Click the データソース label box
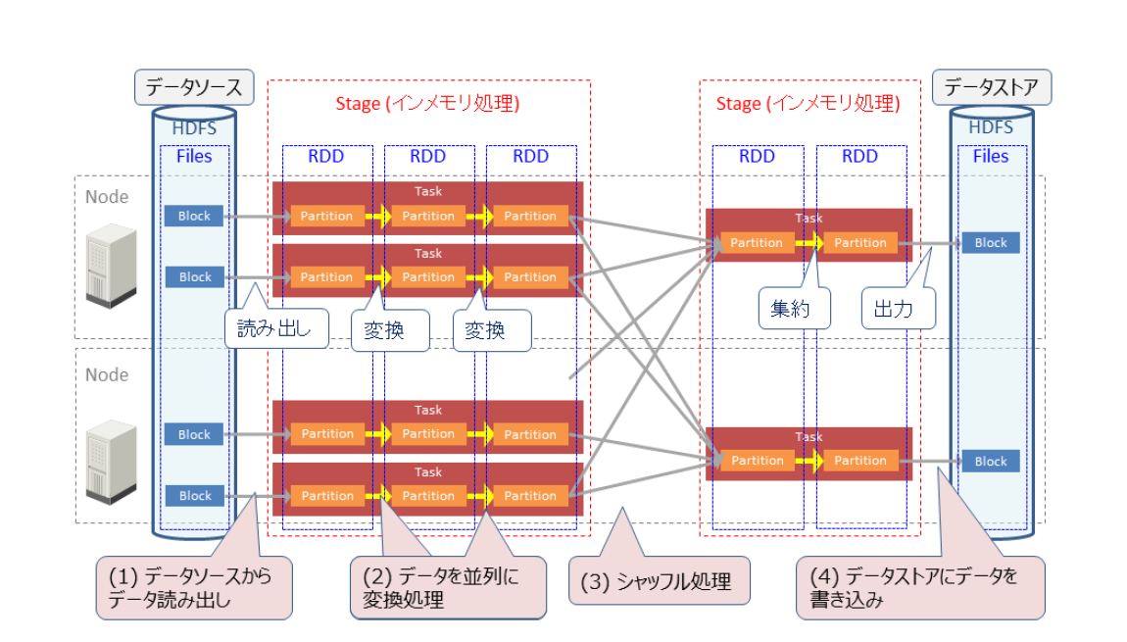tap(194, 87)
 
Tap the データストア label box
tap(992, 87)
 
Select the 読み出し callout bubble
tap(276, 328)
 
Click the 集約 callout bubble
tap(794, 309)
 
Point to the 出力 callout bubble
tap(899, 309)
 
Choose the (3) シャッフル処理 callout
tap(660, 581)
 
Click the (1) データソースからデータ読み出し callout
tap(194, 587)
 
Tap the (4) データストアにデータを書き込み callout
tap(920, 587)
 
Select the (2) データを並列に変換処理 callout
tap(448, 587)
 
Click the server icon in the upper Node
tap(111, 266)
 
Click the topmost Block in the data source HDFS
tap(194, 216)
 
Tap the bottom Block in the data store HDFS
tap(991, 461)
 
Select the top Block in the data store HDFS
tap(991, 243)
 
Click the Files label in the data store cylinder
tap(991, 156)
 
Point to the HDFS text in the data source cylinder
tap(194, 128)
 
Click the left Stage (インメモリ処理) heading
tap(427, 104)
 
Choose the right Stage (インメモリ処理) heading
tap(808, 104)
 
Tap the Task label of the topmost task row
tap(427, 191)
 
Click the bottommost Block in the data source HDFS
tap(195, 496)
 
